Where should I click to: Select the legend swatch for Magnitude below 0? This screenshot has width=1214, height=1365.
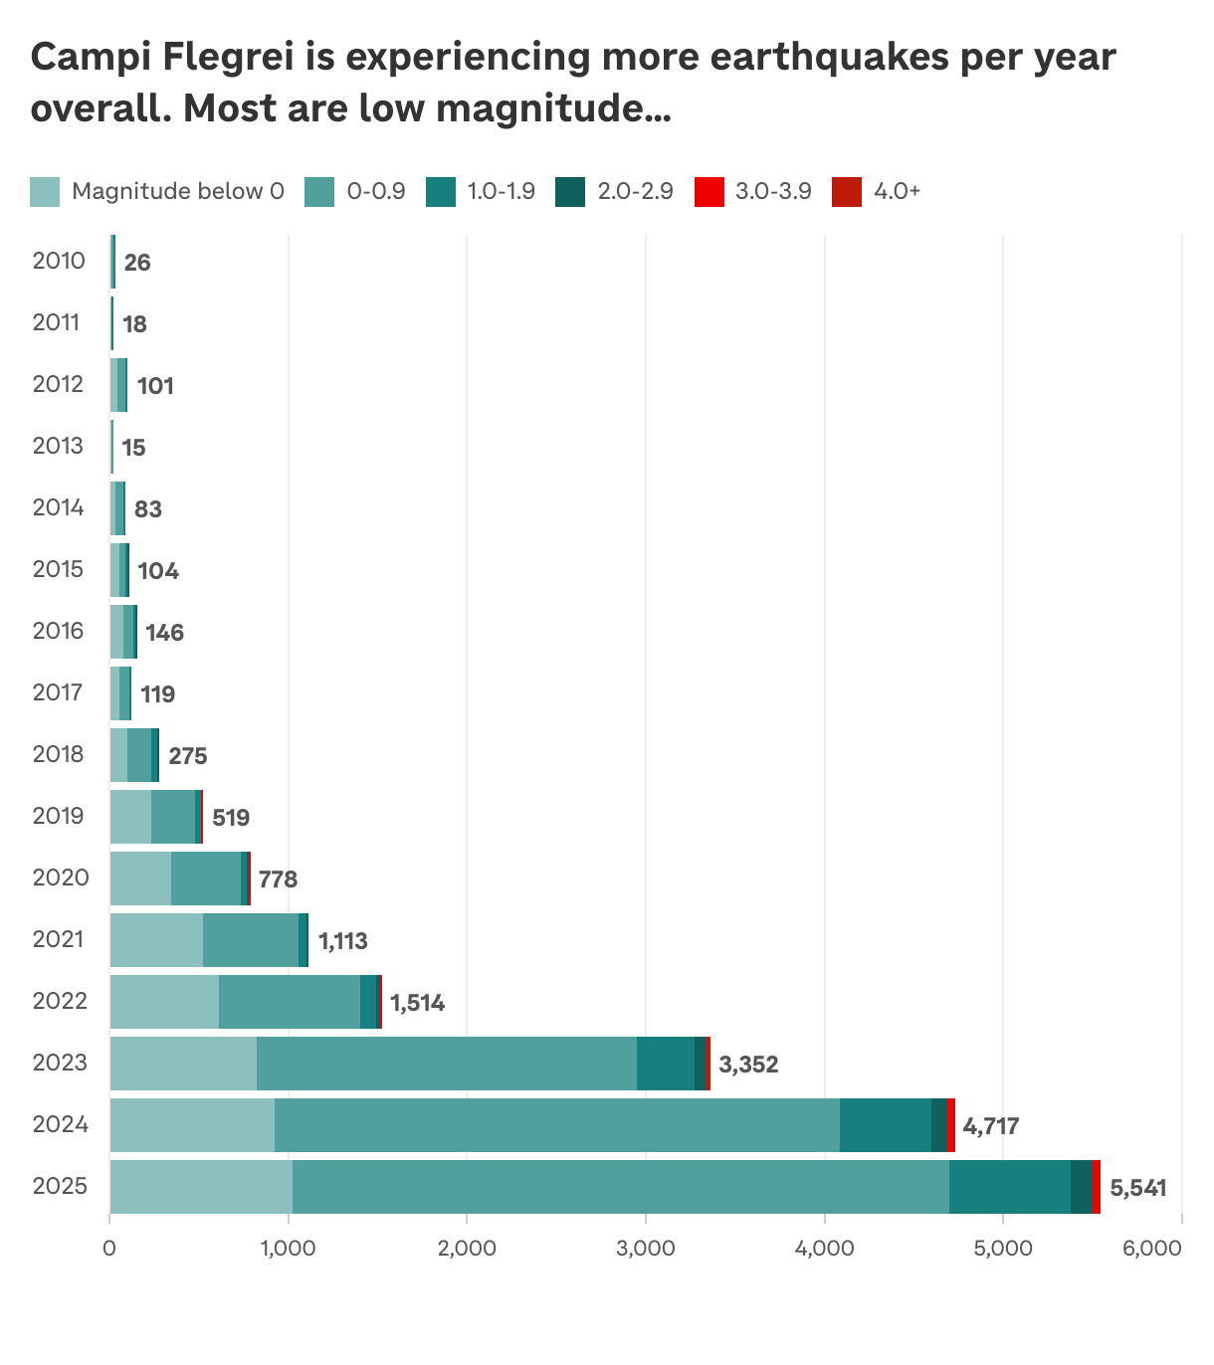45,192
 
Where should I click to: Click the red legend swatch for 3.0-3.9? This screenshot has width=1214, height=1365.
708,192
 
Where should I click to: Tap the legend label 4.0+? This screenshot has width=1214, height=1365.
897,191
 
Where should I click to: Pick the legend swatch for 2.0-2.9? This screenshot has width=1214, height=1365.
570,192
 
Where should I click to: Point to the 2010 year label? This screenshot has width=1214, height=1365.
59,261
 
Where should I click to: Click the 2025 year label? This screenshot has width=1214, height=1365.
60,1186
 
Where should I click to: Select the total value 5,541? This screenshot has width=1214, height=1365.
1137,1188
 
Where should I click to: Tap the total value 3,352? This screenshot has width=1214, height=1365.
748,1065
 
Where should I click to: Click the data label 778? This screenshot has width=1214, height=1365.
278,879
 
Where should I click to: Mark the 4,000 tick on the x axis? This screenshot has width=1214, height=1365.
824,1248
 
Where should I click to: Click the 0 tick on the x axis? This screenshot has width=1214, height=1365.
109,1248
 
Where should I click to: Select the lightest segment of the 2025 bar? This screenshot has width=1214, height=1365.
201,1186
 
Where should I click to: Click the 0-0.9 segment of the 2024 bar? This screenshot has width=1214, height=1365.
557,1124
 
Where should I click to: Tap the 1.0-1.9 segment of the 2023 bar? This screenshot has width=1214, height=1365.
665,1063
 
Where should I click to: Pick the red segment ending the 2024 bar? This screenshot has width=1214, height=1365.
950,1124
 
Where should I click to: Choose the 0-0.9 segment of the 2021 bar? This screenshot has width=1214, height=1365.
251,939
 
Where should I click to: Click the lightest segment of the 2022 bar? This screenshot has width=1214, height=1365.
164,1001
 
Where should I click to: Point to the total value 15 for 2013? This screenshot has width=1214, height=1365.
133,448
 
